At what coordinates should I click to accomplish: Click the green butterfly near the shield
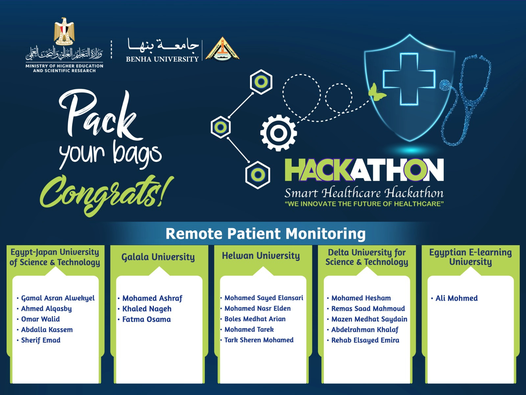[x=377, y=92]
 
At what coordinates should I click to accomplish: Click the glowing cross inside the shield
[x=409, y=79]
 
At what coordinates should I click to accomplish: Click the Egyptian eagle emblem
[x=64, y=31]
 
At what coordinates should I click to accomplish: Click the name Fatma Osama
[x=146, y=319]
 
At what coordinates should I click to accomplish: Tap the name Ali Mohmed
[x=457, y=298]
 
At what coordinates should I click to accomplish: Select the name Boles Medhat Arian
[x=255, y=319]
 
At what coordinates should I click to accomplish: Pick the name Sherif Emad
[x=41, y=340]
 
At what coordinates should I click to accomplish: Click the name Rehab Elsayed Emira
[x=365, y=340]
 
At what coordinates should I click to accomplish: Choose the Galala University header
[x=158, y=257]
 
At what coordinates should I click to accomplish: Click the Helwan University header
[x=261, y=256]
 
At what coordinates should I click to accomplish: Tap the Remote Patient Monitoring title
[x=266, y=234]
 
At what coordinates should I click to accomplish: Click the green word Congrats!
[x=107, y=196]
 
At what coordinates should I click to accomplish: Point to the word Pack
[x=101, y=115]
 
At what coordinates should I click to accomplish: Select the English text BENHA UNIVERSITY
[x=162, y=59]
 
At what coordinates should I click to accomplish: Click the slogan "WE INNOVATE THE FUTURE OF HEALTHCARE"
[x=364, y=204]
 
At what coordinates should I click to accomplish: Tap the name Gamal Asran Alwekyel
[x=58, y=298]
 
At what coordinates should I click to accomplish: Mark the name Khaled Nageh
[x=147, y=309]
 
